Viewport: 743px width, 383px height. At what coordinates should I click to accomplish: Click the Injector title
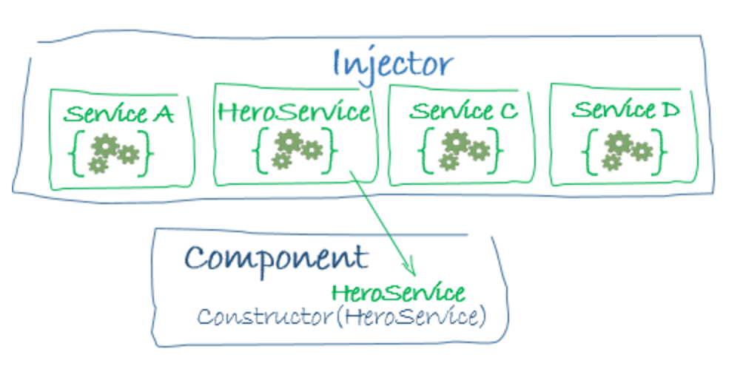point(391,64)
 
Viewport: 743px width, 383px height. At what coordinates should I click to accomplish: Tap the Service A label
point(118,115)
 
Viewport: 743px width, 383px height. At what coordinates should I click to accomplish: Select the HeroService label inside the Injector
point(294,112)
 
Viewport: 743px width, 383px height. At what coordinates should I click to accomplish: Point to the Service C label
point(463,112)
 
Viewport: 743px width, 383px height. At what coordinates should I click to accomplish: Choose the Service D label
point(625,110)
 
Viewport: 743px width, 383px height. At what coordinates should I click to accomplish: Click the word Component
point(275,259)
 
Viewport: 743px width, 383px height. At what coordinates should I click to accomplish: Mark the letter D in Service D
point(668,110)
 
